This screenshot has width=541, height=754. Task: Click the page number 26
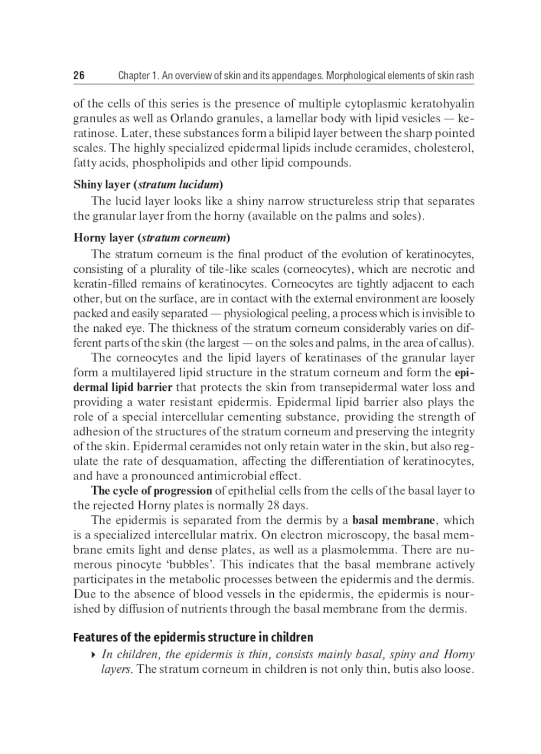pyautogui.click(x=79, y=76)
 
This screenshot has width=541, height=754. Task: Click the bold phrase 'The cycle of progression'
pyautogui.click(x=151, y=491)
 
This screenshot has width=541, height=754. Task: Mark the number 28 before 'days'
pyautogui.click(x=273, y=506)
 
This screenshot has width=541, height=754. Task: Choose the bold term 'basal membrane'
pyautogui.click(x=394, y=521)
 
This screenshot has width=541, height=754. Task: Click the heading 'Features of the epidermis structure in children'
pyautogui.click(x=193, y=637)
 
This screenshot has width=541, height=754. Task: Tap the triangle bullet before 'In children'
pyautogui.click(x=95, y=655)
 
